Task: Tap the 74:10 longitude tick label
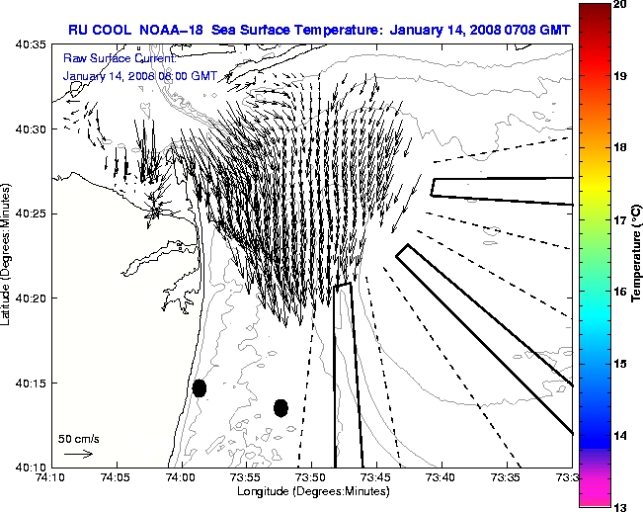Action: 49,477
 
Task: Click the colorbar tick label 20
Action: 622,5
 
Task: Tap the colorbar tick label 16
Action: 622,292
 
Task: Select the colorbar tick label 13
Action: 622,506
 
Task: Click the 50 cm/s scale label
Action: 78,438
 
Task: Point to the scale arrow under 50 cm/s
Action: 78,454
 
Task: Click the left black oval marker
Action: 200,387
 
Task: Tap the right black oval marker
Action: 281,407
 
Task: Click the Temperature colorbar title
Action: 637,255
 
